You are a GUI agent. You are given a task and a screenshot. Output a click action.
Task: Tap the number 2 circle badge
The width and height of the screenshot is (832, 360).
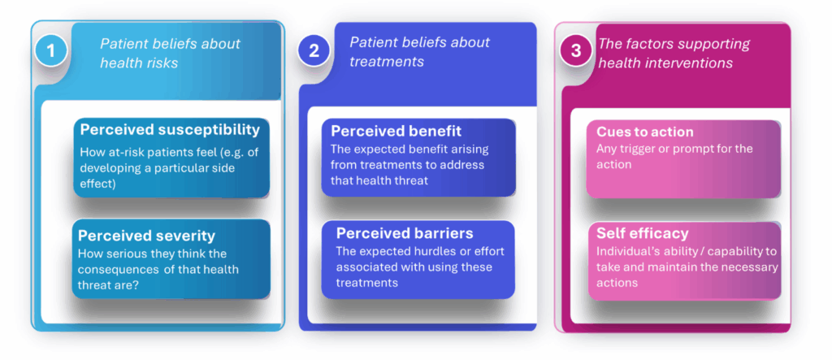(x=314, y=50)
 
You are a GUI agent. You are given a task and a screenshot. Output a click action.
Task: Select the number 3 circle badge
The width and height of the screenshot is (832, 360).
(x=576, y=50)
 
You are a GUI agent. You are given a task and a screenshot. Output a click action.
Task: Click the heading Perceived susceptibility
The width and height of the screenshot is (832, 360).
(x=170, y=129)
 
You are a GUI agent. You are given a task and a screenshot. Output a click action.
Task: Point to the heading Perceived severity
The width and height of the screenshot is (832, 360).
(x=146, y=236)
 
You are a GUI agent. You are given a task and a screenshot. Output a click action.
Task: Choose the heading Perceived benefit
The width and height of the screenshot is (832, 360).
(x=396, y=130)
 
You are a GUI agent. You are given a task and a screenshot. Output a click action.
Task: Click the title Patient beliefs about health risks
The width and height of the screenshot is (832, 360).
(x=170, y=53)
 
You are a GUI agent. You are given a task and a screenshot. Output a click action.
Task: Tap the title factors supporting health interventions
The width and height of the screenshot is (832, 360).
(x=674, y=53)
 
